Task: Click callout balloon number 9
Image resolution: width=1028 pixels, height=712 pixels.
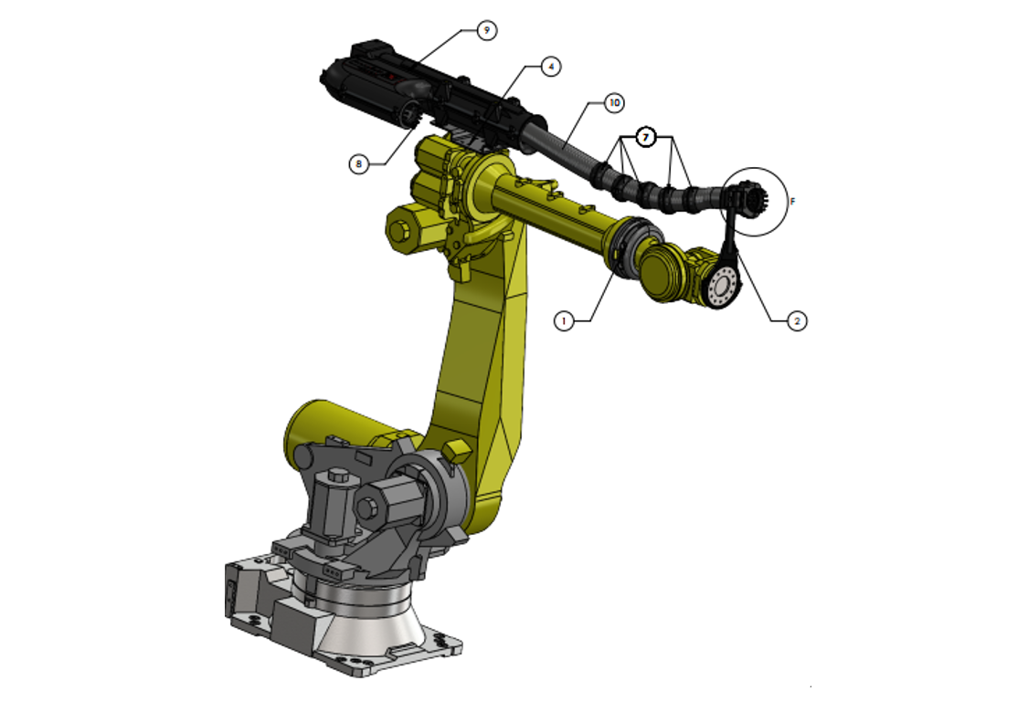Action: (x=486, y=30)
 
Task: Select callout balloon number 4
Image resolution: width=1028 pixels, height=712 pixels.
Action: (x=551, y=67)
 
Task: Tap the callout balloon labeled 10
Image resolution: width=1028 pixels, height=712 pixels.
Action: (x=614, y=103)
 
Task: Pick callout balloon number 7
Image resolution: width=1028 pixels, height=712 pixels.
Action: (x=646, y=138)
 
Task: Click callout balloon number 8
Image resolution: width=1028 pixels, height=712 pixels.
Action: (x=358, y=163)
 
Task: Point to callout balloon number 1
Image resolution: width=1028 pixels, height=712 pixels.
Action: (x=564, y=321)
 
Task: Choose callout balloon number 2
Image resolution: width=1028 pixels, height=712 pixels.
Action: (x=797, y=321)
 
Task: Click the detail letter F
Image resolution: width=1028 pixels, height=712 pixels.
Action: (x=792, y=201)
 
